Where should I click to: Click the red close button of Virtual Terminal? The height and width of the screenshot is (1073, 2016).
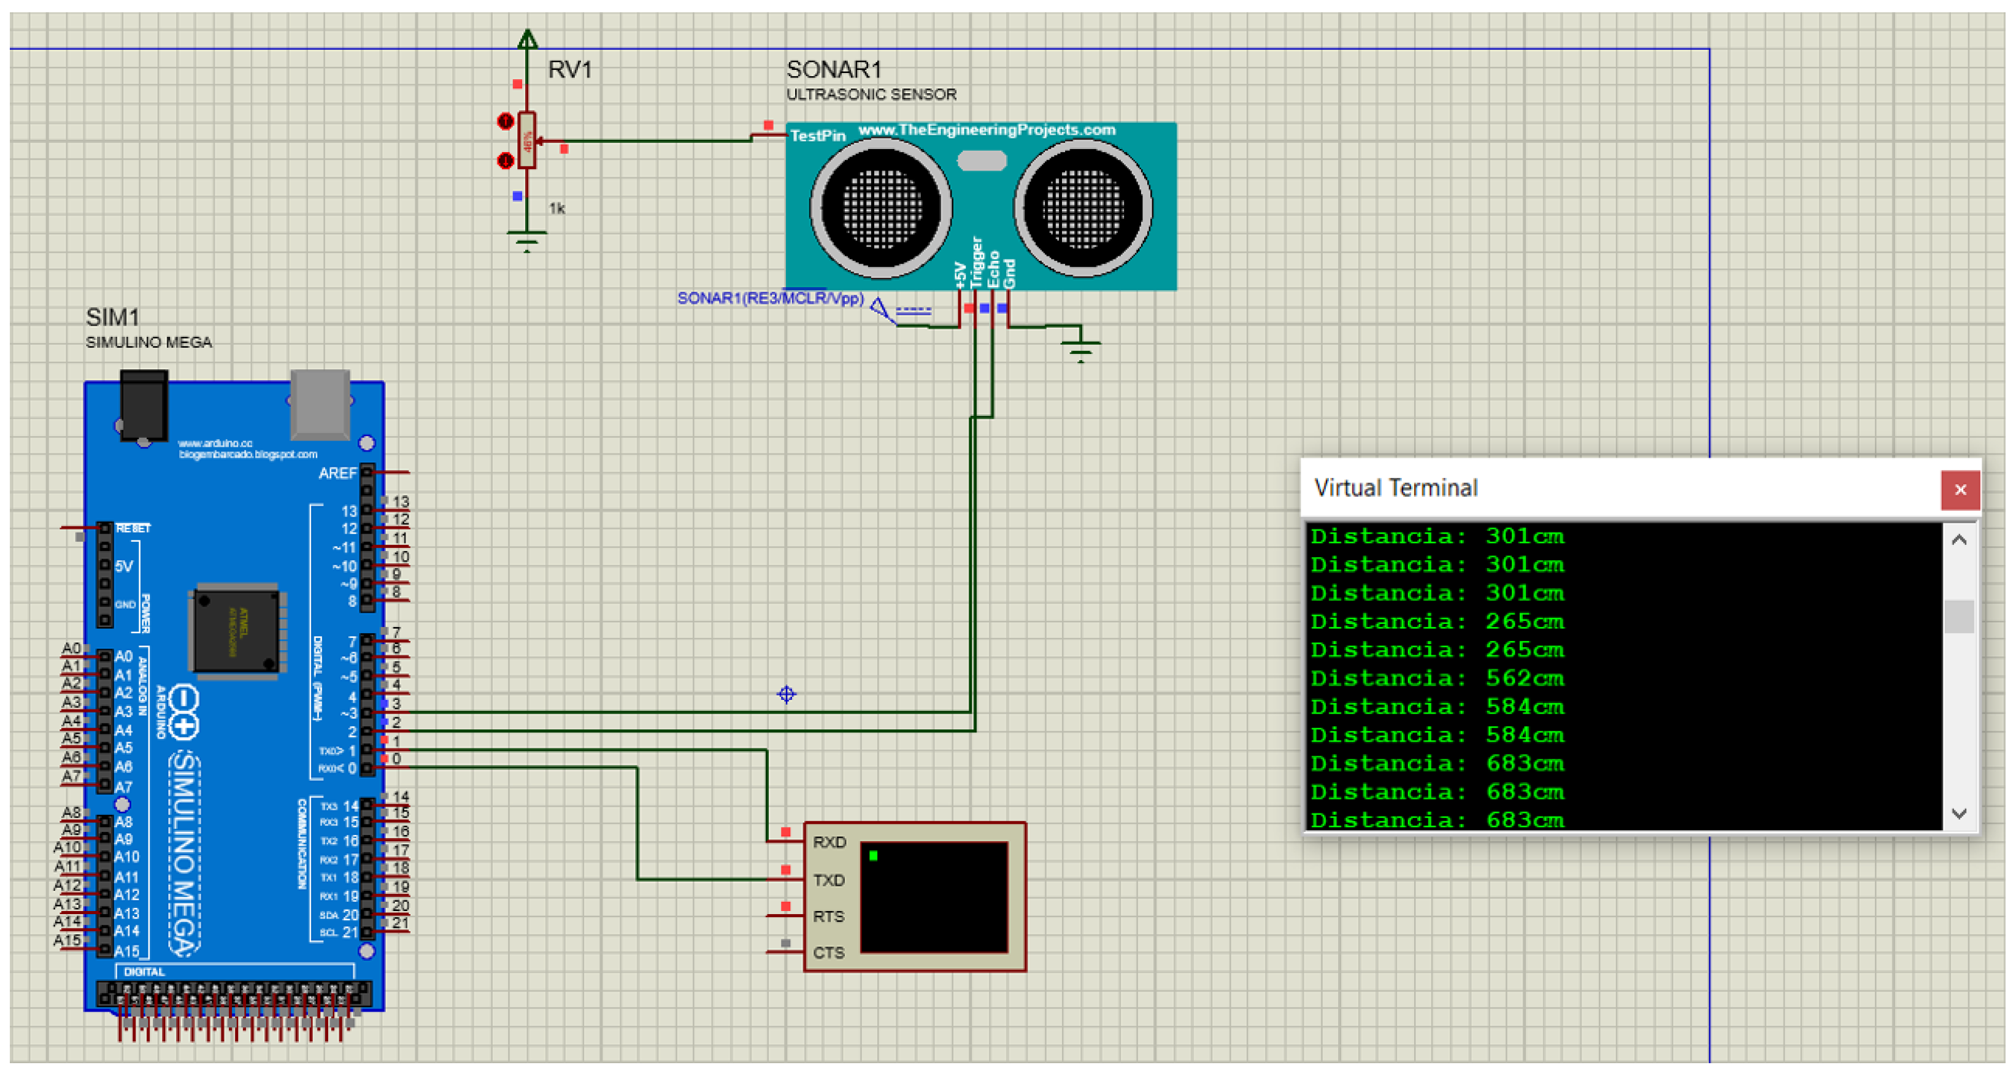pos(1959,490)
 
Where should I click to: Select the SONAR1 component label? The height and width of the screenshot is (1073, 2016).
pos(834,70)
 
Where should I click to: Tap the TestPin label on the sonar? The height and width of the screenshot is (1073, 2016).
pos(817,136)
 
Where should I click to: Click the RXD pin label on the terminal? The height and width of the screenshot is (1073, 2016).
pos(829,842)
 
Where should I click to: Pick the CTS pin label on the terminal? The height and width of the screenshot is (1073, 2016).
pos(828,953)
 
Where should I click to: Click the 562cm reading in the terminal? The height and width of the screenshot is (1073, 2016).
pos(1524,679)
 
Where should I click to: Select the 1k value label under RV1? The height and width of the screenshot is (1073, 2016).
pos(556,208)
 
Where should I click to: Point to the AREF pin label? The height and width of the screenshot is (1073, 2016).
pos(337,474)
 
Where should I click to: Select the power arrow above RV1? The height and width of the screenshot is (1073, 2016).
pos(528,39)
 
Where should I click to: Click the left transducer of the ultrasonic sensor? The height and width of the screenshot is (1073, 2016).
pos(880,208)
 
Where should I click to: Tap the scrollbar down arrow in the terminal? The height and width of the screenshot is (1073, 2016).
pos(1958,814)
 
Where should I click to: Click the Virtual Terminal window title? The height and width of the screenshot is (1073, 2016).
pos(1395,488)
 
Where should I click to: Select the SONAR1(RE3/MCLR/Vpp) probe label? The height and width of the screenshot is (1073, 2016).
pos(770,298)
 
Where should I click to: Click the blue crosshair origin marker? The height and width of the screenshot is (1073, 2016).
pos(787,694)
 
